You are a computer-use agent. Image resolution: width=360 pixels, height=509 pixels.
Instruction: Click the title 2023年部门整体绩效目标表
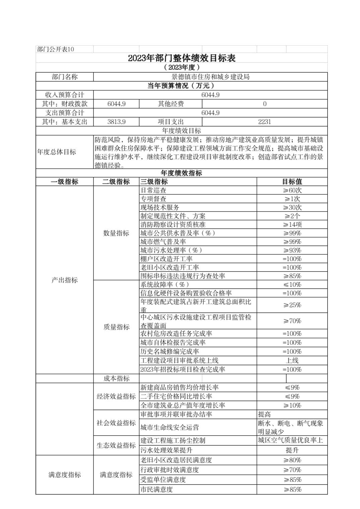click(x=182, y=58)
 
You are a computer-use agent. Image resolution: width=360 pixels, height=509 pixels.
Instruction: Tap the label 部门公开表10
click(x=56, y=50)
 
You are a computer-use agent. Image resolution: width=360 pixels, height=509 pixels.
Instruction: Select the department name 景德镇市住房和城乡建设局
click(x=211, y=77)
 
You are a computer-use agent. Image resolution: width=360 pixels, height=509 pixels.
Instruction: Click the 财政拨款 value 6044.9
click(x=116, y=104)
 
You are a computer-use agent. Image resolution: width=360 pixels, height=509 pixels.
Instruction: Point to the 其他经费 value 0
click(x=264, y=104)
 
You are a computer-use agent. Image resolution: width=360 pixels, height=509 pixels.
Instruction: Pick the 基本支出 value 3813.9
click(x=116, y=122)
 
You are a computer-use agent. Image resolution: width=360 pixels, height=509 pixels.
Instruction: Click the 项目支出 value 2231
click(x=264, y=122)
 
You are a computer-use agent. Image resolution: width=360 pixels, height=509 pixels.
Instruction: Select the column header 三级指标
click(x=154, y=182)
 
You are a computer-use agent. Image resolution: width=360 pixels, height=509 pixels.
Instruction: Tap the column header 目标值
click(x=292, y=182)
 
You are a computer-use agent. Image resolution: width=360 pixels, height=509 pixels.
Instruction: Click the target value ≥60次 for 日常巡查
click(x=292, y=191)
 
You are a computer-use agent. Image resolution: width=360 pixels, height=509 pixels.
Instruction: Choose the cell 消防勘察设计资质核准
click(x=173, y=225)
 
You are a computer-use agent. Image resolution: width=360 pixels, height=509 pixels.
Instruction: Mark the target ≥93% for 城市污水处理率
click(x=292, y=250)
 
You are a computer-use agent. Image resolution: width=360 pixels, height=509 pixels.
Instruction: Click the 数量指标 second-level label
click(x=116, y=233)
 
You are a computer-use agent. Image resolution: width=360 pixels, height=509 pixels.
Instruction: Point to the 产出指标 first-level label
click(x=65, y=280)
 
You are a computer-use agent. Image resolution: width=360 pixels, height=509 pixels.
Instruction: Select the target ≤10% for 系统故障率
click(x=292, y=285)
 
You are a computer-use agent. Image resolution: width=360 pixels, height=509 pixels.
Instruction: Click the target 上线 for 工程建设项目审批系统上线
click(x=292, y=361)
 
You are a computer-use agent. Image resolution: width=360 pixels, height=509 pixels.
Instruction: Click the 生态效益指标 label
click(x=116, y=445)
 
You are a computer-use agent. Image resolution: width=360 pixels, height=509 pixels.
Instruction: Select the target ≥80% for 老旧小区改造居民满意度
click(x=292, y=460)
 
